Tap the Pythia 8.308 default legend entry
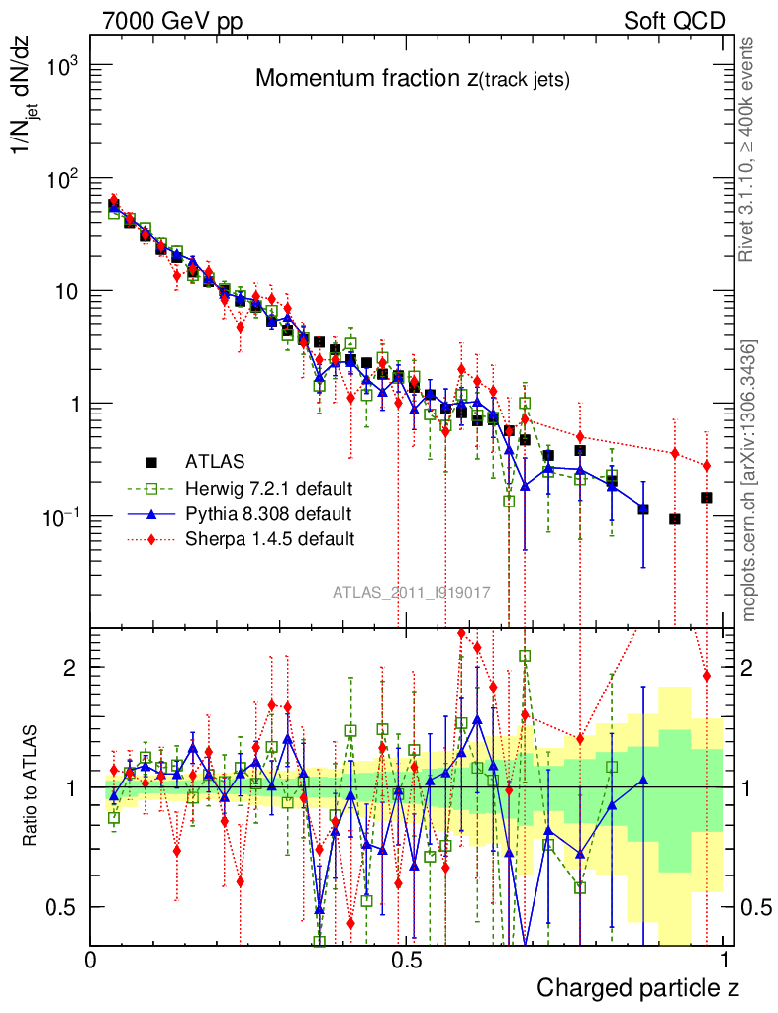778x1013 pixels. (x=267, y=513)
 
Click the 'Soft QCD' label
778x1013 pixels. (x=674, y=21)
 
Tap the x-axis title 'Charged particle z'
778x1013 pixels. (x=637, y=987)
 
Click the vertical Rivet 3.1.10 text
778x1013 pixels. (x=747, y=148)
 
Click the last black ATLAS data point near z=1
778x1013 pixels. (x=707, y=497)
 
